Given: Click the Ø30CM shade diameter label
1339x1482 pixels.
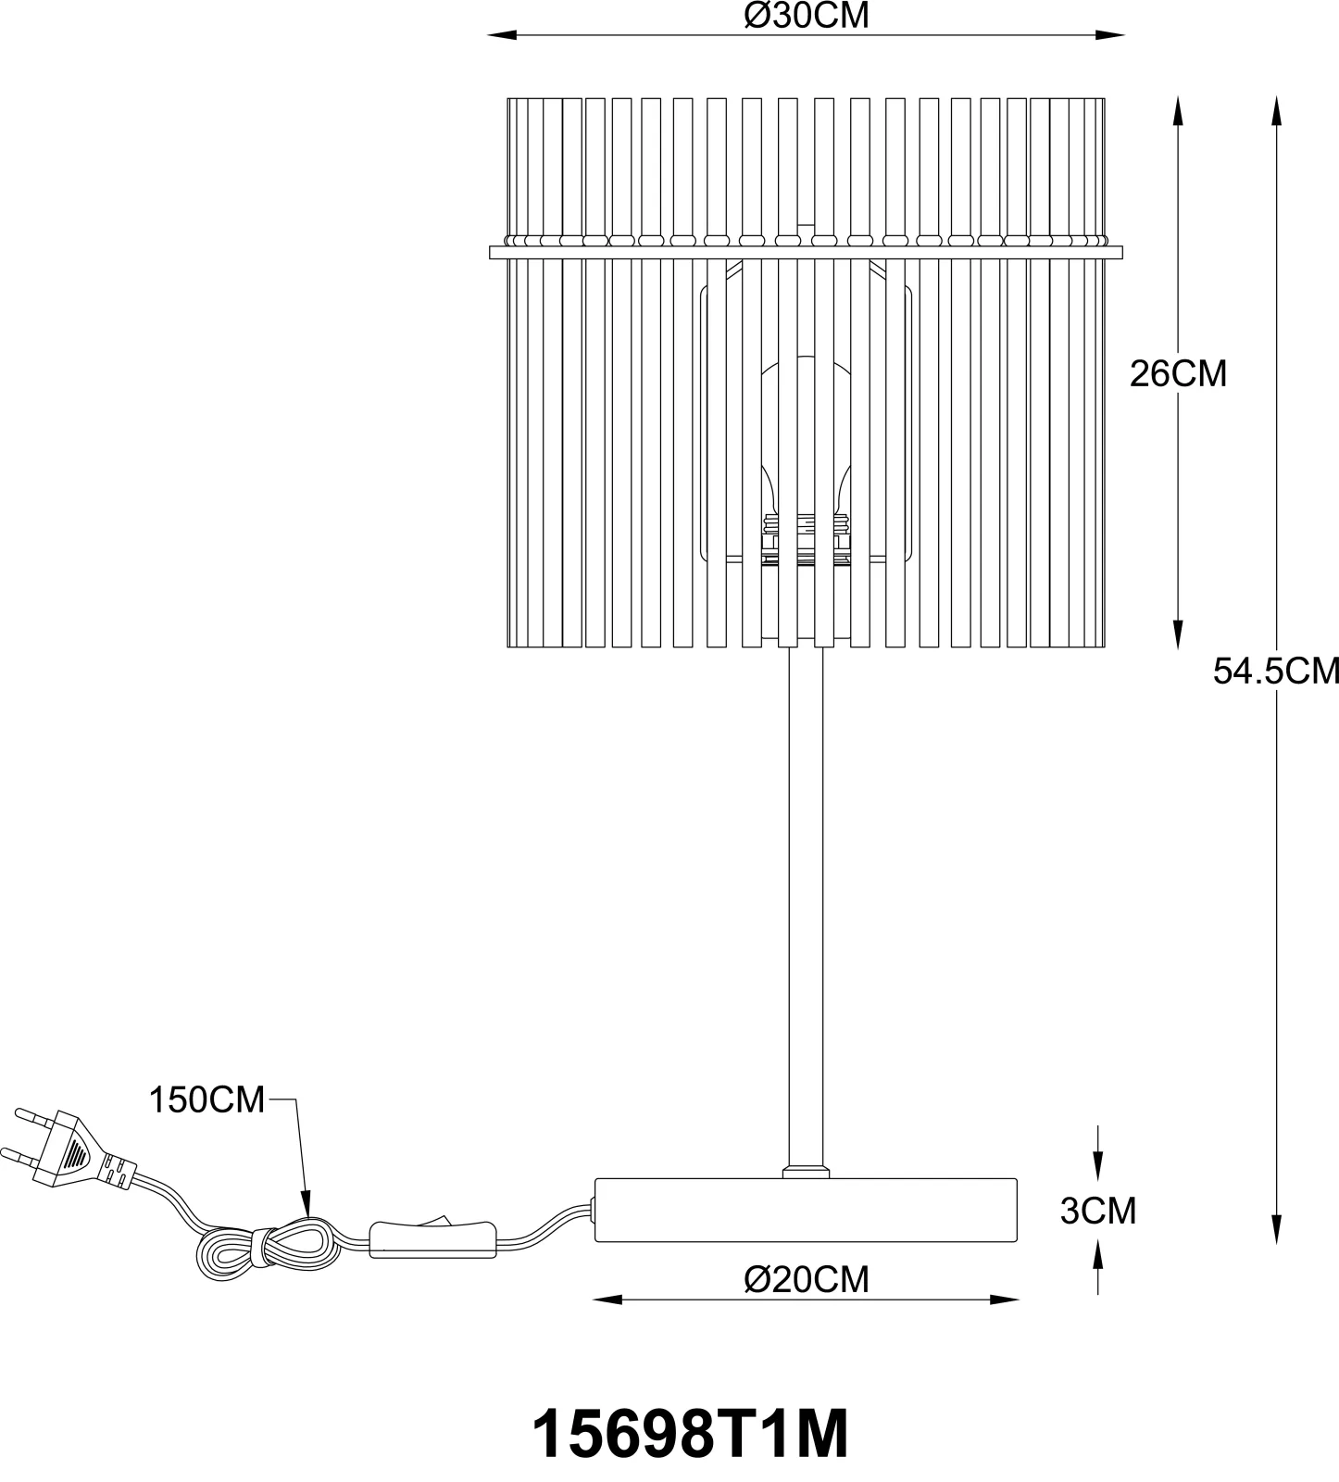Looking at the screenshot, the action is [807, 16].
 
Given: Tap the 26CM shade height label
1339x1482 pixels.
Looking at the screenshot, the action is [1178, 373].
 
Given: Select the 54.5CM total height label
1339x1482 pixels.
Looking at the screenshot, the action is [1276, 671].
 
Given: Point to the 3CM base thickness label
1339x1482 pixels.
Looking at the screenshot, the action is [1098, 1211].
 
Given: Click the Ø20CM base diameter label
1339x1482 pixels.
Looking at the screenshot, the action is [807, 1279].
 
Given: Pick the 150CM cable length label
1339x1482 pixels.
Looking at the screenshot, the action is [207, 1100].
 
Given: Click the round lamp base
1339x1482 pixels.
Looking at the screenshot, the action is [806, 1210].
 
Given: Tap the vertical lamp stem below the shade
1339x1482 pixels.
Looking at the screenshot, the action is [805, 908].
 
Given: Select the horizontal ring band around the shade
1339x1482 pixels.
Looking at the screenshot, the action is [806, 252].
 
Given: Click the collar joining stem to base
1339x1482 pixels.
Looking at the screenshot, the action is [806, 1172].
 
